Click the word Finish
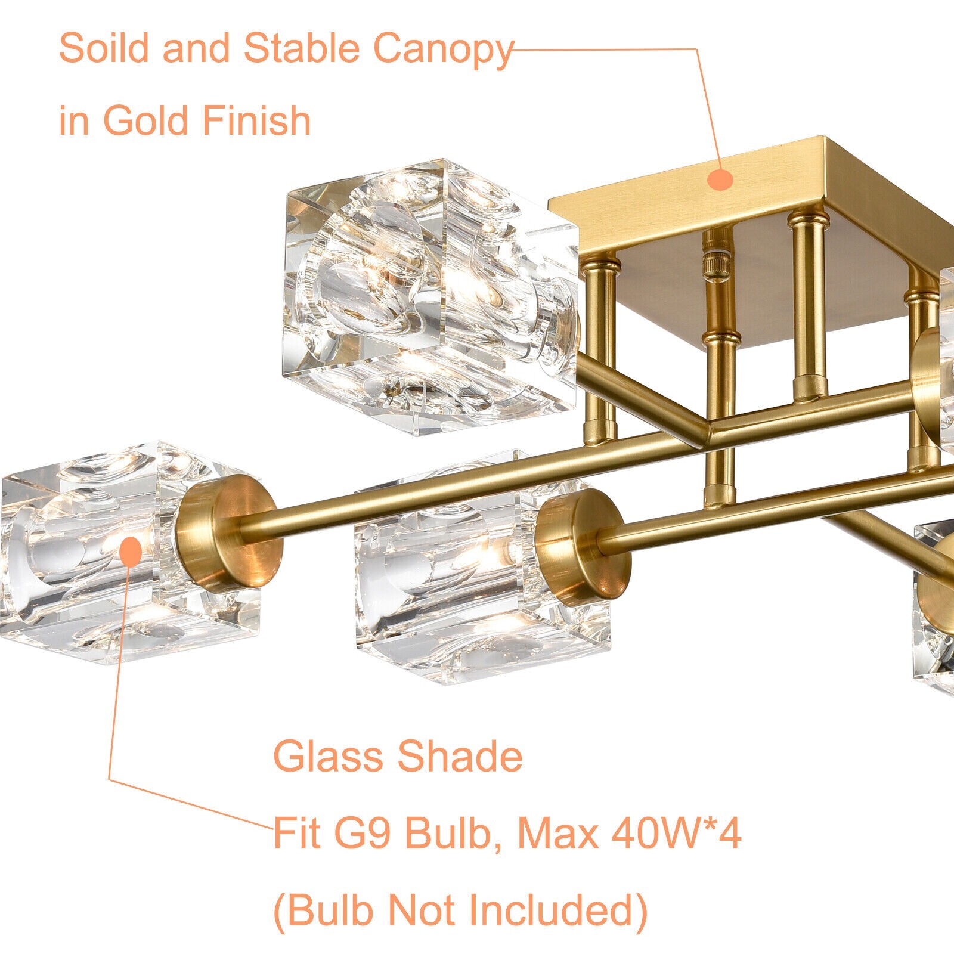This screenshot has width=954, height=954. [x=256, y=120]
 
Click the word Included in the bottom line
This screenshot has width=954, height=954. [x=557, y=910]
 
